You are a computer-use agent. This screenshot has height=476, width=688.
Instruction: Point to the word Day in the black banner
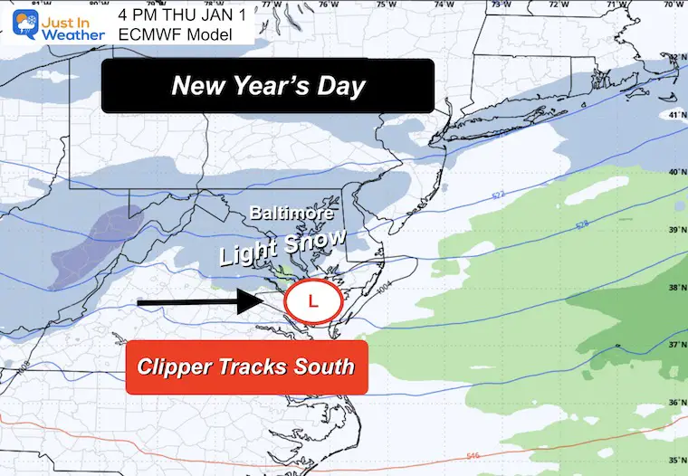(x=344, y=86)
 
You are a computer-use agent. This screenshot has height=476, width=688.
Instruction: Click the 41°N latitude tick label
(x=673, y=117)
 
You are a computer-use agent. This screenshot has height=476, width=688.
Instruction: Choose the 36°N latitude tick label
(x=673, y=404)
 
